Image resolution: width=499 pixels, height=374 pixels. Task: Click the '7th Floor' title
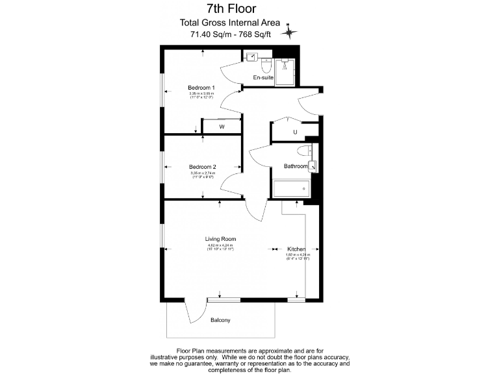[231, 9]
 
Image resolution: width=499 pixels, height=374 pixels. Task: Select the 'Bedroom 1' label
[201, 88]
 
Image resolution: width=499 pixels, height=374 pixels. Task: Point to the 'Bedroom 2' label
[203, 167]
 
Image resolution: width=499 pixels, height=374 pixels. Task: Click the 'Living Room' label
[220, 239]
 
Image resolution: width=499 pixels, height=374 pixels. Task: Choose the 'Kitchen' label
[296, 249]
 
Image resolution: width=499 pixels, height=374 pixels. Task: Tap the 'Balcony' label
[220, 320]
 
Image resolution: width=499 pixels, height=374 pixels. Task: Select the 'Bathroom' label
[296, 166]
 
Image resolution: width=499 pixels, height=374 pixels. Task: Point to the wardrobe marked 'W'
[222, 127]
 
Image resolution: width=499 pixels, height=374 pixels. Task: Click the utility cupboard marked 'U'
[295, 132]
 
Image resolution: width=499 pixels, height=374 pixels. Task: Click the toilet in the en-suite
[266, 65]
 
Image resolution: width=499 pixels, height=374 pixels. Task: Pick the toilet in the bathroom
[302, 152]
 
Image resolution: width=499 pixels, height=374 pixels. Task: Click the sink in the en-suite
[251, 57]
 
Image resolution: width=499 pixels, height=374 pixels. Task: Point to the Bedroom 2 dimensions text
[203, 175]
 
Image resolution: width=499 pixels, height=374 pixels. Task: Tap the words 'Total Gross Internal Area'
[230, 23]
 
